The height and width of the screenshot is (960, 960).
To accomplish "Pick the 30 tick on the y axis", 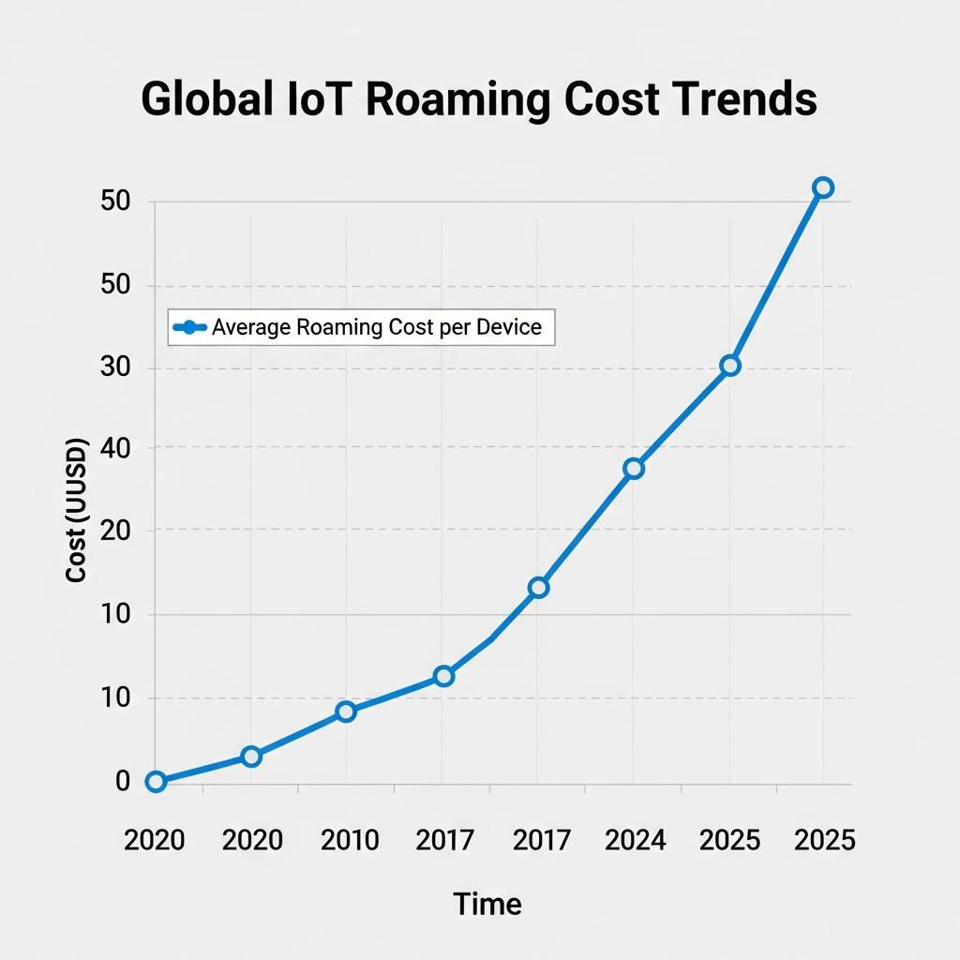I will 114,367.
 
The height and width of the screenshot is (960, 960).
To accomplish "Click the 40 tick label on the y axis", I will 114,449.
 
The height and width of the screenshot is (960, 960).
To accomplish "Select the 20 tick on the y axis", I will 114,532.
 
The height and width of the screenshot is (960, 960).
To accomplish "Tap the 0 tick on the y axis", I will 123,781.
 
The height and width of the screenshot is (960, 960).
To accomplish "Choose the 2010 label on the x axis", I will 350,840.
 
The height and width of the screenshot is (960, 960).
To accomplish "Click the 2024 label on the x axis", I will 635,840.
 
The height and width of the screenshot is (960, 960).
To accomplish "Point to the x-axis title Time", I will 487,904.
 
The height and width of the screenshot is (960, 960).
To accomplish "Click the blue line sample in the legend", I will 190,327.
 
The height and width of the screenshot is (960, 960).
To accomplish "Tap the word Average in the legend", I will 250,327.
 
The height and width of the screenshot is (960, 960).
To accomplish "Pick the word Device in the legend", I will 509,327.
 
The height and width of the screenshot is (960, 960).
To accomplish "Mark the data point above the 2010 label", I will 346,712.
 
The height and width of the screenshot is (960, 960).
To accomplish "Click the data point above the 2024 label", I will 634,468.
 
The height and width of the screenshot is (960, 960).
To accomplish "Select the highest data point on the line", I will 822,187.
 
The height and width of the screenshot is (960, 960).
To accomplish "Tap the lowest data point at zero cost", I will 156,781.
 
